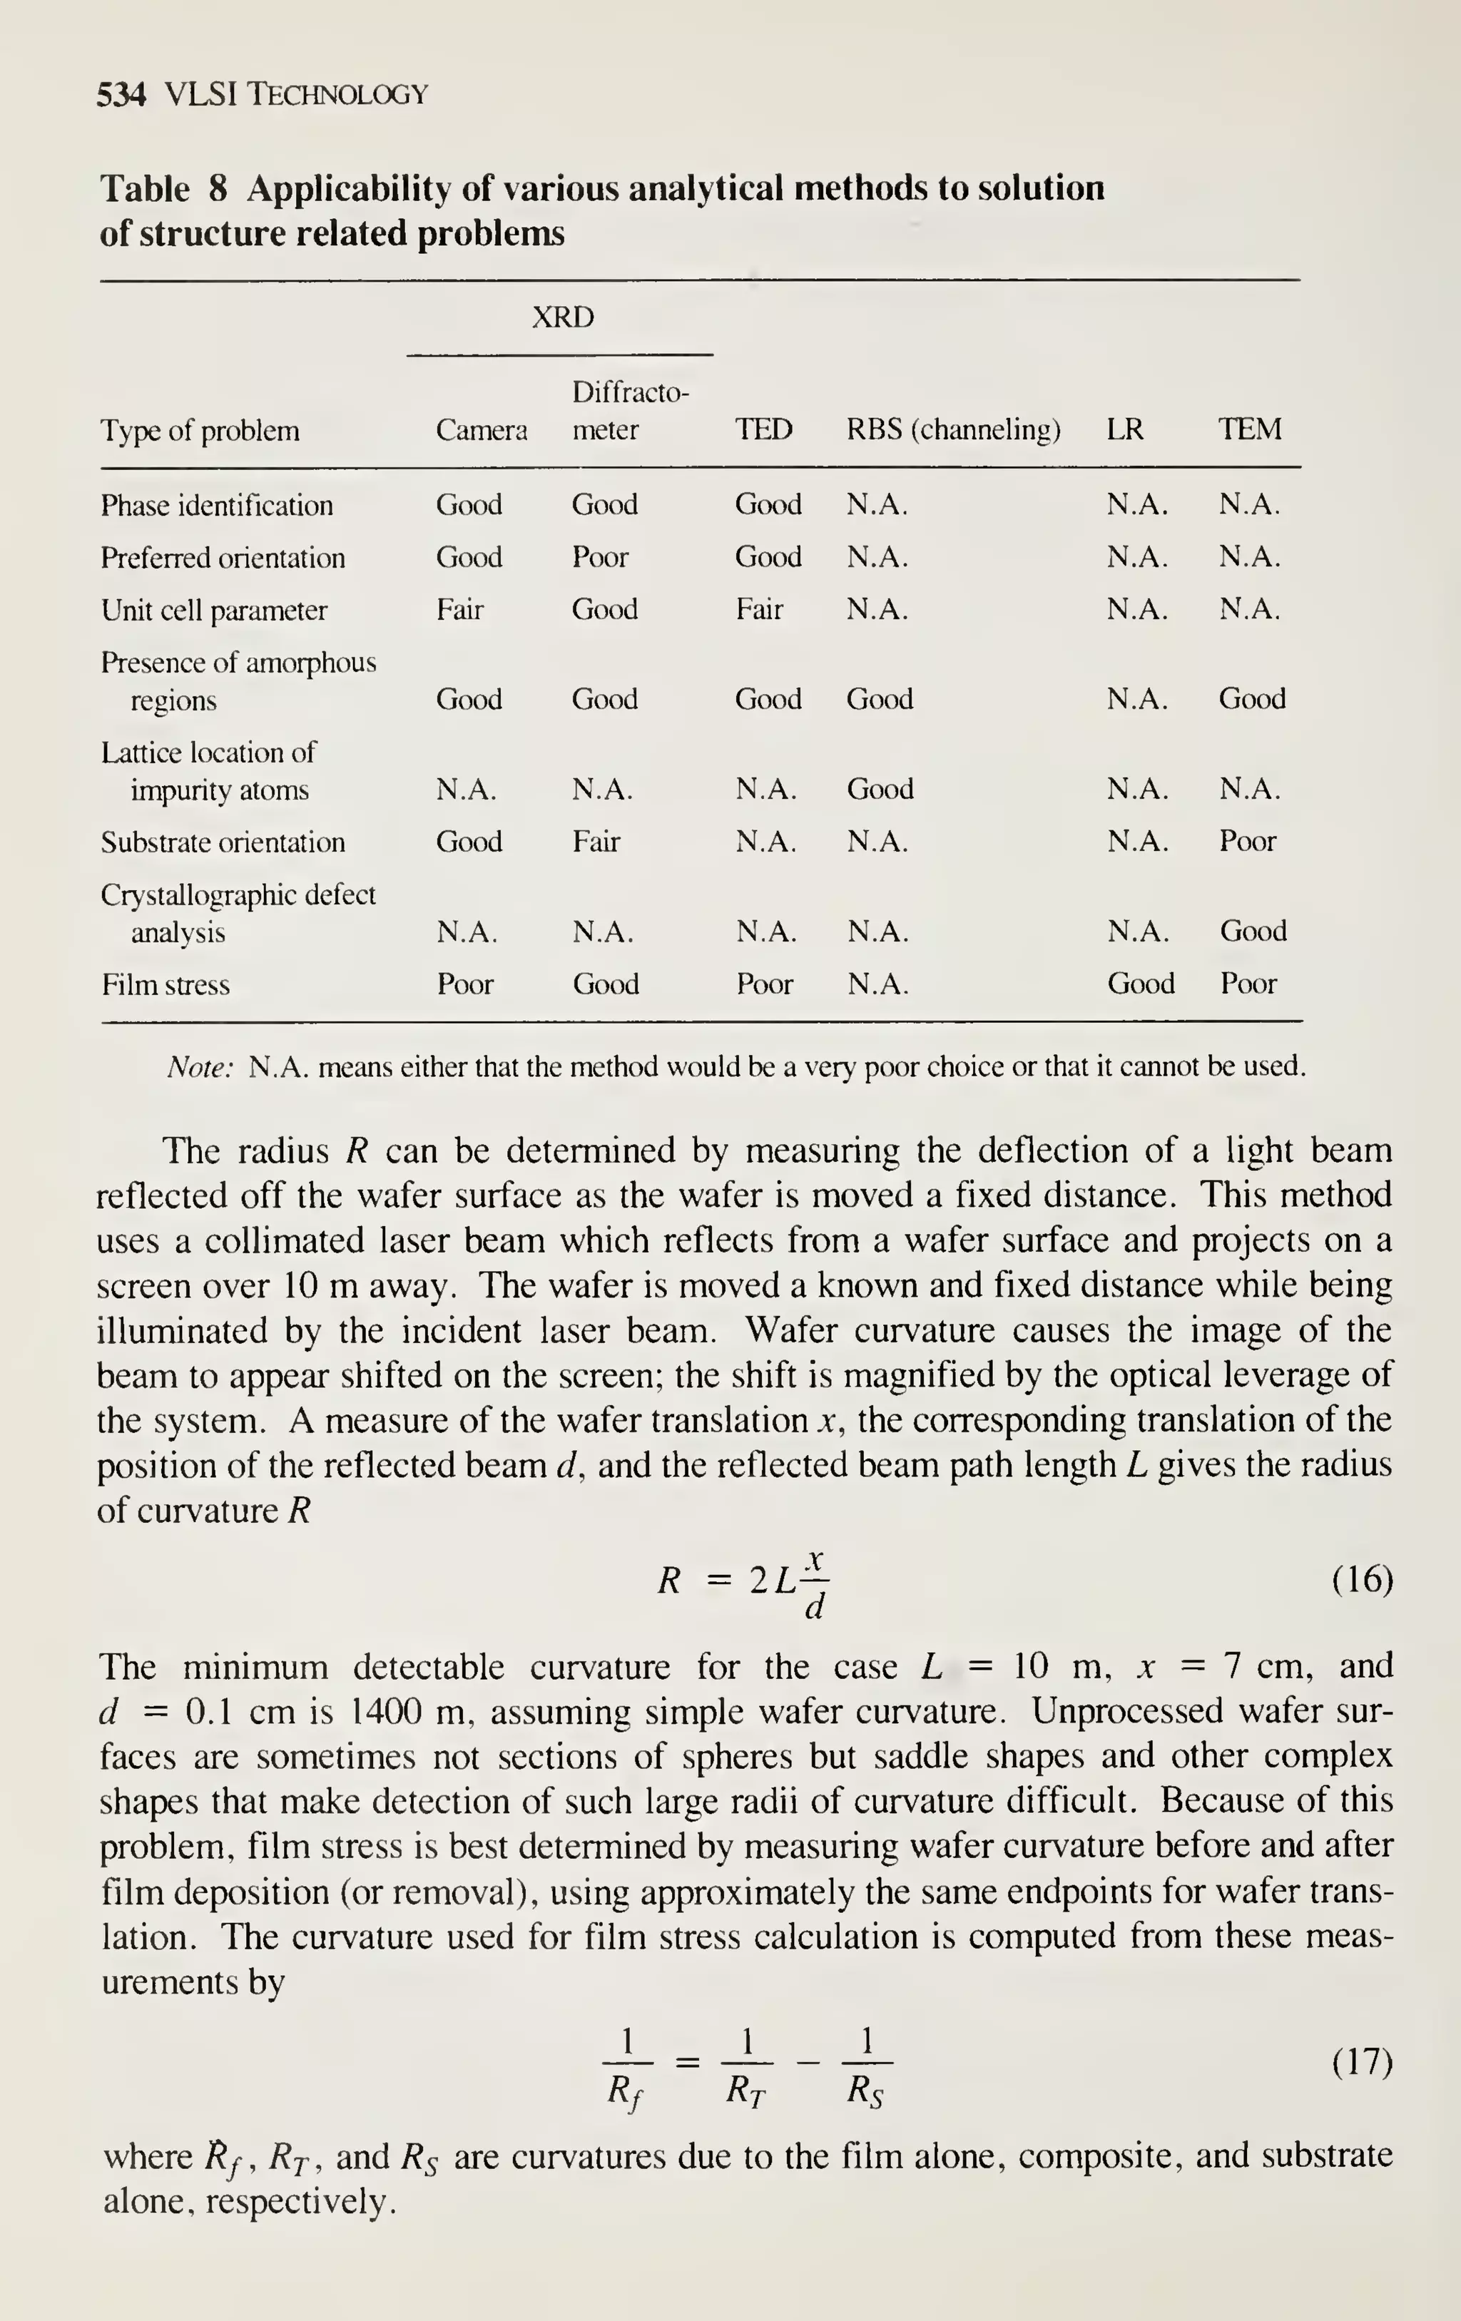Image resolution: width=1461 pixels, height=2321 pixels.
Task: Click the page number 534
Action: coord(121,94)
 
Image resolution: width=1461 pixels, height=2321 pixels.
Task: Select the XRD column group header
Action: coord(563,317)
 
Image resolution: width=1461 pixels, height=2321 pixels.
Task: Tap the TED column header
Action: coord(764,429)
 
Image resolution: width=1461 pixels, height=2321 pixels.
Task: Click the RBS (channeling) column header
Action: coord(953,429)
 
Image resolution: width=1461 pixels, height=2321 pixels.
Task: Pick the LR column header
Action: coord(1125,429)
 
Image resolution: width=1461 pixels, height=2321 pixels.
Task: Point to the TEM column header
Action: coord(1250,429)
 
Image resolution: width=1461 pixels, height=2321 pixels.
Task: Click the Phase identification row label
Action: coord(217,505)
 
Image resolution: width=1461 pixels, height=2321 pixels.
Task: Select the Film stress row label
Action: coord(166,984)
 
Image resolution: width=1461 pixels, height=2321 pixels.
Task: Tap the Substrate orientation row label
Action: coord(223,842)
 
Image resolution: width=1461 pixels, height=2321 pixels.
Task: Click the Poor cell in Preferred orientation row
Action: coord(599,557)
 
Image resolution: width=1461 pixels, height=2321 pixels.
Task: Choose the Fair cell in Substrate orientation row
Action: coord(596,842)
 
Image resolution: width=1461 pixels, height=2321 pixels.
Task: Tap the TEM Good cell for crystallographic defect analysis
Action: coord(1253,930)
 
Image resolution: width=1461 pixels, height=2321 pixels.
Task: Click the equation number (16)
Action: coord(1362,1580)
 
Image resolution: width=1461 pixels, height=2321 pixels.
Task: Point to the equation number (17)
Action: coord(1362,2063)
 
